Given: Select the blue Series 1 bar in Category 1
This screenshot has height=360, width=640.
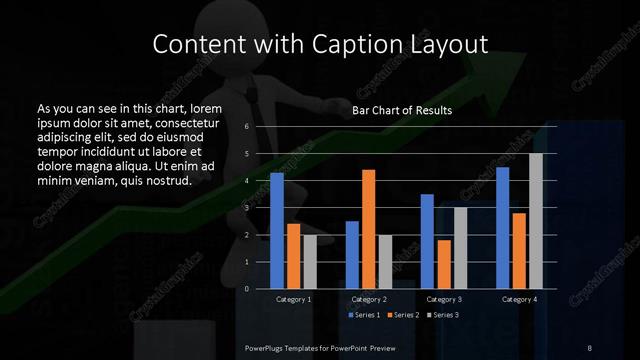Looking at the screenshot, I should coord(277,230).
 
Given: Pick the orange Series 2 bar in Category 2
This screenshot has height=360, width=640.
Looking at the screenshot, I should coord(368,229).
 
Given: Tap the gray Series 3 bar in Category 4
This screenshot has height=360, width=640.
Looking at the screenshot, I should coord(536,221).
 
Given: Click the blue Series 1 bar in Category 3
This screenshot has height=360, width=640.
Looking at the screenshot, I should coord(427,241).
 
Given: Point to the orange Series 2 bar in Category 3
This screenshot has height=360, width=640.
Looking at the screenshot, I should coord(443,264).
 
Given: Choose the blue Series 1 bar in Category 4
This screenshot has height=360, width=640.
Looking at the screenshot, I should coord(503,227).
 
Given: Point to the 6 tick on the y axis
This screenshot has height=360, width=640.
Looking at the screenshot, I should coord(246,128).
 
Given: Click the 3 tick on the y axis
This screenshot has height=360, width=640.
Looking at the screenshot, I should coord(246,208).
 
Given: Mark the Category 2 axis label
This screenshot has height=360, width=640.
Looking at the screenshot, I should coord(369,299).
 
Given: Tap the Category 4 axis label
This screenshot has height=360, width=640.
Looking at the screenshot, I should coord(519,299).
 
